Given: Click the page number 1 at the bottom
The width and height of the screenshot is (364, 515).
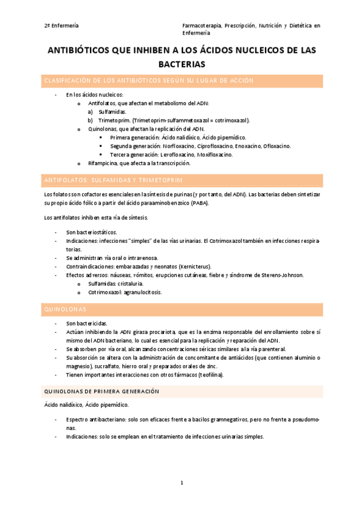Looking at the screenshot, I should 182,483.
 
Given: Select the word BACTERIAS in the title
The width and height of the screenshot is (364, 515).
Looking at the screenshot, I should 182,64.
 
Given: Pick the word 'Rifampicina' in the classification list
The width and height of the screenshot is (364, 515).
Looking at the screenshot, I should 105,163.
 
